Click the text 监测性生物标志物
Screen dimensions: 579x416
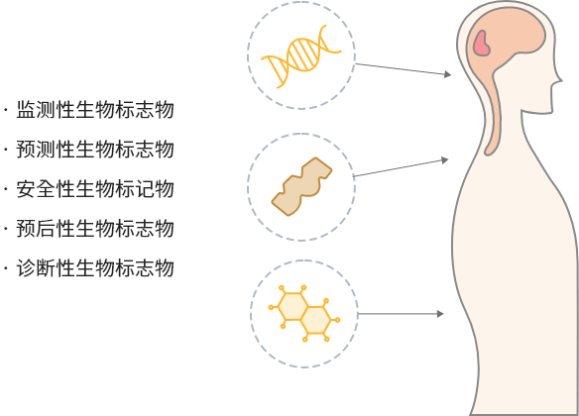click(x=95, y=110)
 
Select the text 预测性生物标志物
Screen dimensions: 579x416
click(x=95, y=149)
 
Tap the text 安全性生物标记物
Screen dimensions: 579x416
click(x=95, y=188)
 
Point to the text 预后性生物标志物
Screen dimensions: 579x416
click(x=95, y=228)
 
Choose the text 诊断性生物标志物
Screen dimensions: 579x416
click(x=95, y=267)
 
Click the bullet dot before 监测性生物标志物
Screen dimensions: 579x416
click(x=6, y=110)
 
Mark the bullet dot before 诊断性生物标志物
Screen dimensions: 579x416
click(x=6, y=267)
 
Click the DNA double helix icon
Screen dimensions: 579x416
click(x=301, y=56)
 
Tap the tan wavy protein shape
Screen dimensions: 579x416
click(x=301, y=186)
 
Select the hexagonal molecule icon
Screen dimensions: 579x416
click(x=304, y=313)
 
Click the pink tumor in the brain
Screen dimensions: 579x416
click(x=482, y=44)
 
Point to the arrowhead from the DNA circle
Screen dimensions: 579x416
click(x=447, y=74)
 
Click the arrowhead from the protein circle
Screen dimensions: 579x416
click(x=445, y=160)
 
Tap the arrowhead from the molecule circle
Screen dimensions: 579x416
click(x=440, y=314)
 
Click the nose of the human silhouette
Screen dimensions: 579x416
click(x=559, y=79)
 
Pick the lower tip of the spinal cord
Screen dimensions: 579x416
click(x=488, y=152)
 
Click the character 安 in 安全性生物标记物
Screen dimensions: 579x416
click(x=26, y=188)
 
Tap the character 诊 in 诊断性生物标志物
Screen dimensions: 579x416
click(x=26, y=267)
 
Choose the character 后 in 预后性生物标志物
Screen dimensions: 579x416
click(x=46, y=228)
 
